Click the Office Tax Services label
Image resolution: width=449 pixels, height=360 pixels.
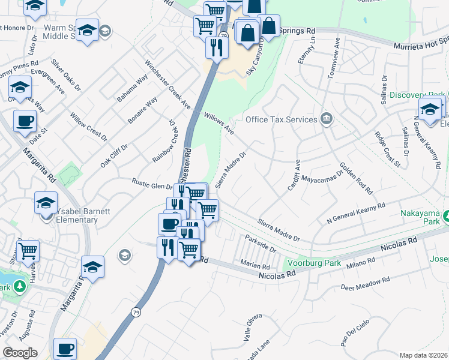coord(281,119)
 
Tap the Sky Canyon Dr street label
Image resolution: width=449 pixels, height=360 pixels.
coord(255,58)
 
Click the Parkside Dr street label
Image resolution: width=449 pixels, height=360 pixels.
coord(260,244)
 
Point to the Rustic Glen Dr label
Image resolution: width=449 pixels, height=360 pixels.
coord(152,183)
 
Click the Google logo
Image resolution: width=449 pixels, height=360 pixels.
coord(20,352)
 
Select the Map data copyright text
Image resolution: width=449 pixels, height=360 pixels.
coord(424,355)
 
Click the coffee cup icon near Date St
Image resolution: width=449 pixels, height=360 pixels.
coord(25,122)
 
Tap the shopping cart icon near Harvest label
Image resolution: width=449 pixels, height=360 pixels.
coord(28,251)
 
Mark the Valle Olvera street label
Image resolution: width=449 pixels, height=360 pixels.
coord(253,327)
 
